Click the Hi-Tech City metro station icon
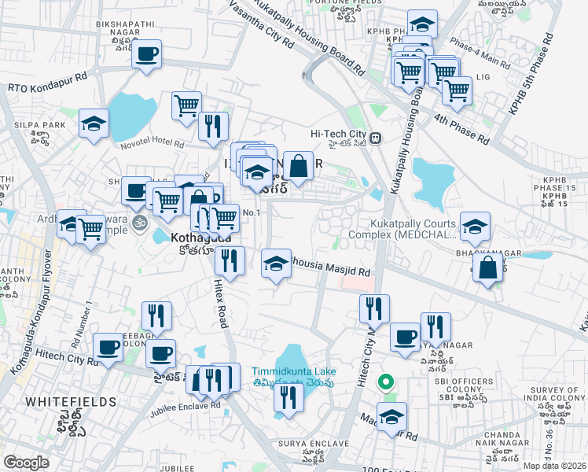pyautogui.click(x=376, y=138)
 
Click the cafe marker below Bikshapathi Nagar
pyautogui.click(x=146, y=54)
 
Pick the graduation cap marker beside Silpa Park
pyautogui.click(x=94, y=124)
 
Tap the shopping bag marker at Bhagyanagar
pyautogui.click(x=488, y=267)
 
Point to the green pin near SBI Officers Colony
pyautogui.click(x=385, y=383)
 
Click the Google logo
pyautogui.click(x=26, y=463)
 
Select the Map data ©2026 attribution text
pyautogui.click(x=554, y=466)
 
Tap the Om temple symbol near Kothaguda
pyautogui.click(x=141, y=223)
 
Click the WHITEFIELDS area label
pyautogui.click(x=71, y=401)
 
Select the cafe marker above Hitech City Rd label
pyautogui.click(x=108, y=346)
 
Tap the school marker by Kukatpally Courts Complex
pyautogui.click(x=474, y=227)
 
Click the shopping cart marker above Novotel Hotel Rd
pyautogui.click(x=186, y=105)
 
